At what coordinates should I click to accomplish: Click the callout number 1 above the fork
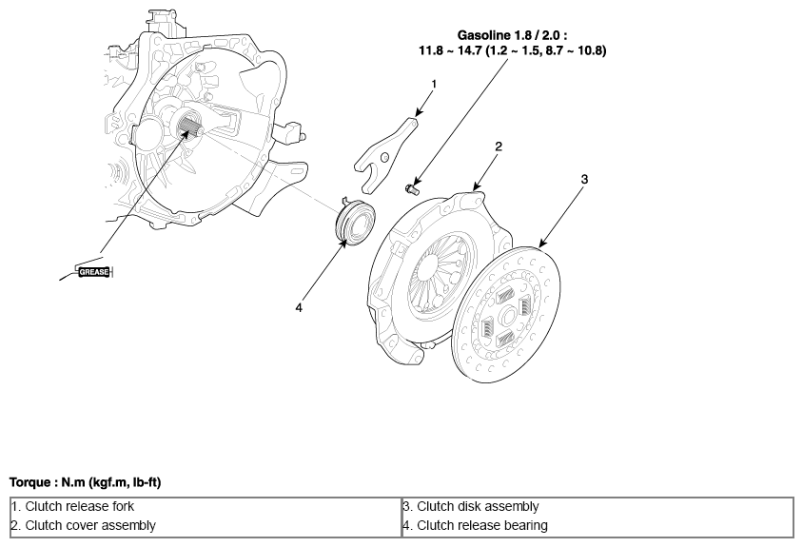pos(434,84)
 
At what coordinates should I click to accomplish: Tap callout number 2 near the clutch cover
pos(499,147)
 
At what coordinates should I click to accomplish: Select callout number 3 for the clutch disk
pos(584,179)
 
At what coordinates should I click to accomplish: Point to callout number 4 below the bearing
pos(299,308)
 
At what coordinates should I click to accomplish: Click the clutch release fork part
pos(386,154)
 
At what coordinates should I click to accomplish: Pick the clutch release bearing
pos(355,222)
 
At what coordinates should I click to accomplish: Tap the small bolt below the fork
pos(412,189)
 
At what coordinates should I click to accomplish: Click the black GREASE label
pos(94,272)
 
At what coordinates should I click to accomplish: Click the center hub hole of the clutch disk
pos(507,317)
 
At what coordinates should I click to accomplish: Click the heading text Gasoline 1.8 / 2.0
pos(512,35)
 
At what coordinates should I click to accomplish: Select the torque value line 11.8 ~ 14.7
pos(513,50)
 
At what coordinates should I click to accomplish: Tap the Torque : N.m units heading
pos(85,482)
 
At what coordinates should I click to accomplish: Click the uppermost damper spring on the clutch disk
pos(505,295)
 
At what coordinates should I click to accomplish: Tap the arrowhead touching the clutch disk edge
pos(542,244)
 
